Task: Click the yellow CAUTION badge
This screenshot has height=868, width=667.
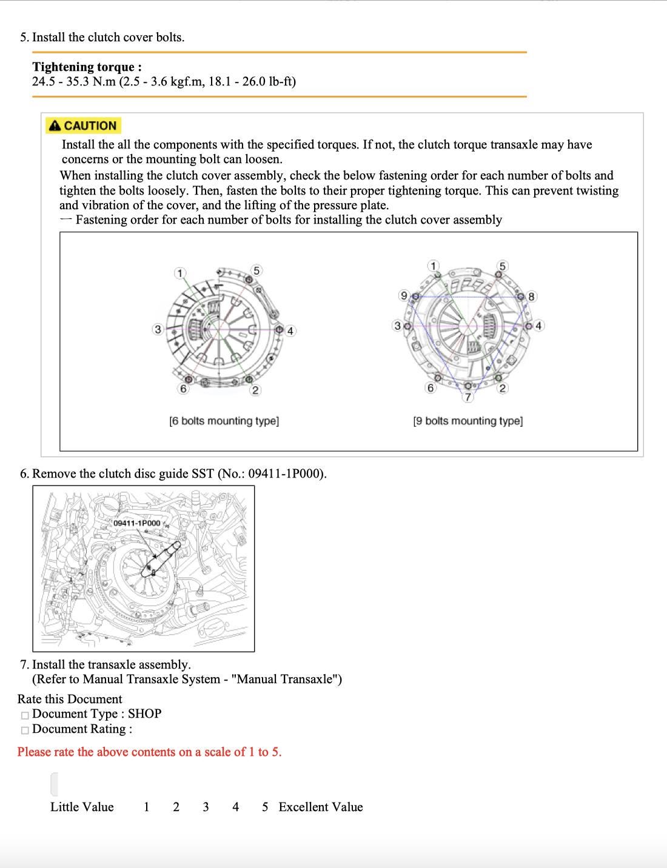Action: [x=84, y=125]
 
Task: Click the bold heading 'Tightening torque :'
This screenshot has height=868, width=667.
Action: [x=87, y=67]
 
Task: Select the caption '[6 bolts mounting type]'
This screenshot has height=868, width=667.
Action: [x=224, y=421]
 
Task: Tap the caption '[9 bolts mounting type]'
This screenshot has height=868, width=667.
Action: [x=468, y=421]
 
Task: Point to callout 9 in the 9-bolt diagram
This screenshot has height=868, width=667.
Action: [x=403, y=295]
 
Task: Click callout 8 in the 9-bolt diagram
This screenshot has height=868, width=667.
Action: [x=531, y=296]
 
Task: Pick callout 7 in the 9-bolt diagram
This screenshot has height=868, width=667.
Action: [x=468, y=397]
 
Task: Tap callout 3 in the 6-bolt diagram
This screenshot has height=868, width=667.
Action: [x=158, y=329]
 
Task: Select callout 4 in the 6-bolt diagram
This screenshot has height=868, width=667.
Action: [x=290, y=330]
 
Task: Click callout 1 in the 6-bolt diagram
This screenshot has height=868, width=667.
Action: [x=179, y=273]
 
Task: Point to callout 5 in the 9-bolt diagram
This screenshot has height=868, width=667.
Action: [x=501, y=265]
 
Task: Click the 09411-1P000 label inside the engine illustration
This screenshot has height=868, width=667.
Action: [x=137, y=523]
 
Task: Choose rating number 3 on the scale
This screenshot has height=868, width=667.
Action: [x=206, y=807]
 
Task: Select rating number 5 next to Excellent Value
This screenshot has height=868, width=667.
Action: [x=265, y=807]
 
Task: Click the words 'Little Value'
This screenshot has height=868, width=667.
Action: [x=82, y=807]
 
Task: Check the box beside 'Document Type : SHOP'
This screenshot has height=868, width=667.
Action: [x=25, y=715]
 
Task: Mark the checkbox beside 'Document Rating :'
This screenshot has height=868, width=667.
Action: [x=25, y=730]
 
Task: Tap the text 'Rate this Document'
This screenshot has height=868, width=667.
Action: [x=70, y=699]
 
